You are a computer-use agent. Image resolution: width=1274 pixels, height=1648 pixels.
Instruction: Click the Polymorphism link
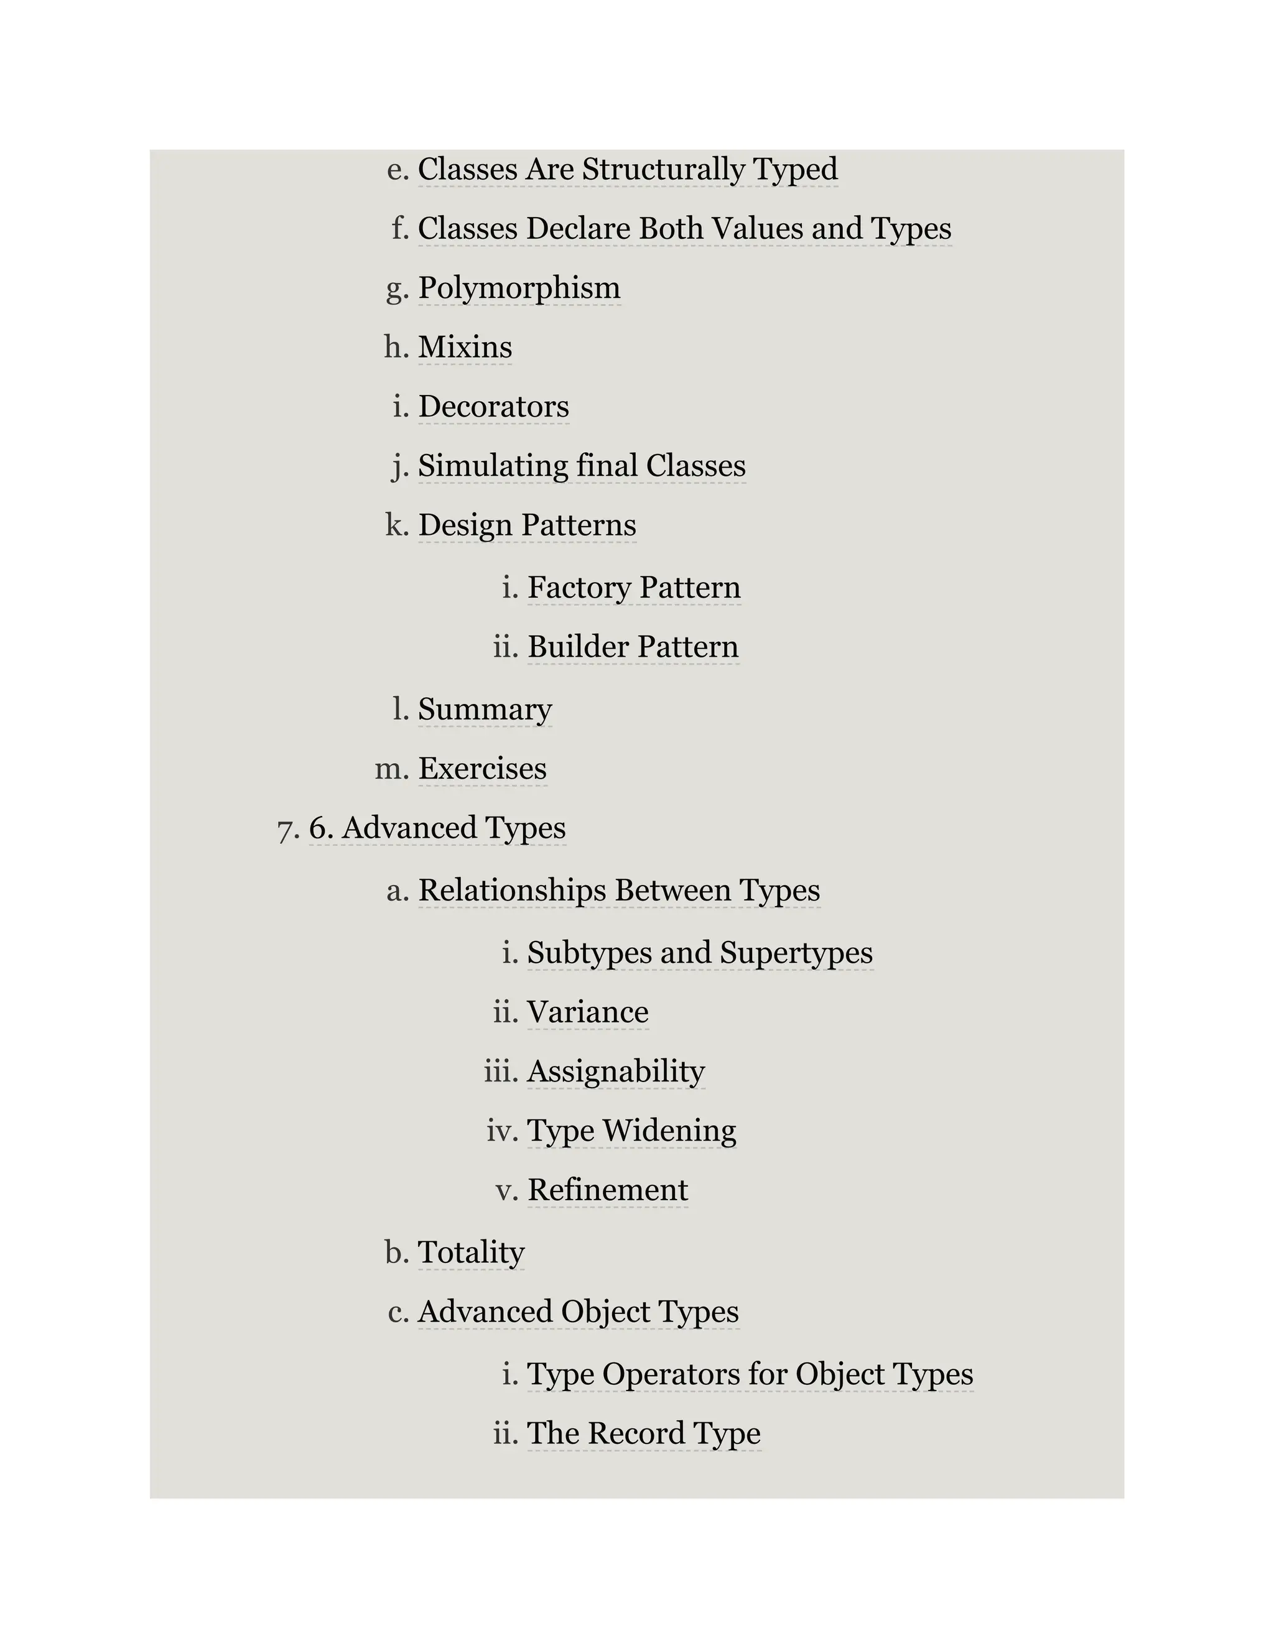tap(519, 289)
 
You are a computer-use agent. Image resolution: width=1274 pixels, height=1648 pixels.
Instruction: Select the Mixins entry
tap(465, 347)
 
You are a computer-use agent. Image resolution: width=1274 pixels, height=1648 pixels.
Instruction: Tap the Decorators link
tap(493, 407)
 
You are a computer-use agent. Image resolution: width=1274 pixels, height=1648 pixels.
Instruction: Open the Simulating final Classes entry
tap(582, 466)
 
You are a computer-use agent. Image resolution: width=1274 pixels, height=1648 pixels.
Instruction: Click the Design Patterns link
tap(527, 525)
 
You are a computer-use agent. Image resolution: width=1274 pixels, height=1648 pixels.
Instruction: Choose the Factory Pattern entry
tap(634, 588)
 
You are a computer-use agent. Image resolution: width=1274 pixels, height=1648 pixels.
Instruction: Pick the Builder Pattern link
tap(633, 647)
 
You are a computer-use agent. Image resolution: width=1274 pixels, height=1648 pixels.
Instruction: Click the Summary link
tap(485, 710)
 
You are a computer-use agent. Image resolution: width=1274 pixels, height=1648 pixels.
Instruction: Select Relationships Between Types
tap(619, 891)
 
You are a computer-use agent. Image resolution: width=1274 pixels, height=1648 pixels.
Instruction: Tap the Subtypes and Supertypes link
tap(700, 953)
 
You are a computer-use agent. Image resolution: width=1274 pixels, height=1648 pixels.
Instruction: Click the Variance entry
tap(587, 1012)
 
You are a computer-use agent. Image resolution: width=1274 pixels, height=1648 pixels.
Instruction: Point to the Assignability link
tap(616, 1072)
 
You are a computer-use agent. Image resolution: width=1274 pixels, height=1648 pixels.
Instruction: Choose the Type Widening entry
tap(631, 1131)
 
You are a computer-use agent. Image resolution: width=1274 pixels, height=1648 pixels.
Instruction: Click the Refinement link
tap(608, 1191)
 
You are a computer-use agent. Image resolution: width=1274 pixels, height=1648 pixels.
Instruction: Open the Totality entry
tap(471, 1252)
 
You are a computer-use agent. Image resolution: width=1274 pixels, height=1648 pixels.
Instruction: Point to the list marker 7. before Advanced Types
tap(288, 829)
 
